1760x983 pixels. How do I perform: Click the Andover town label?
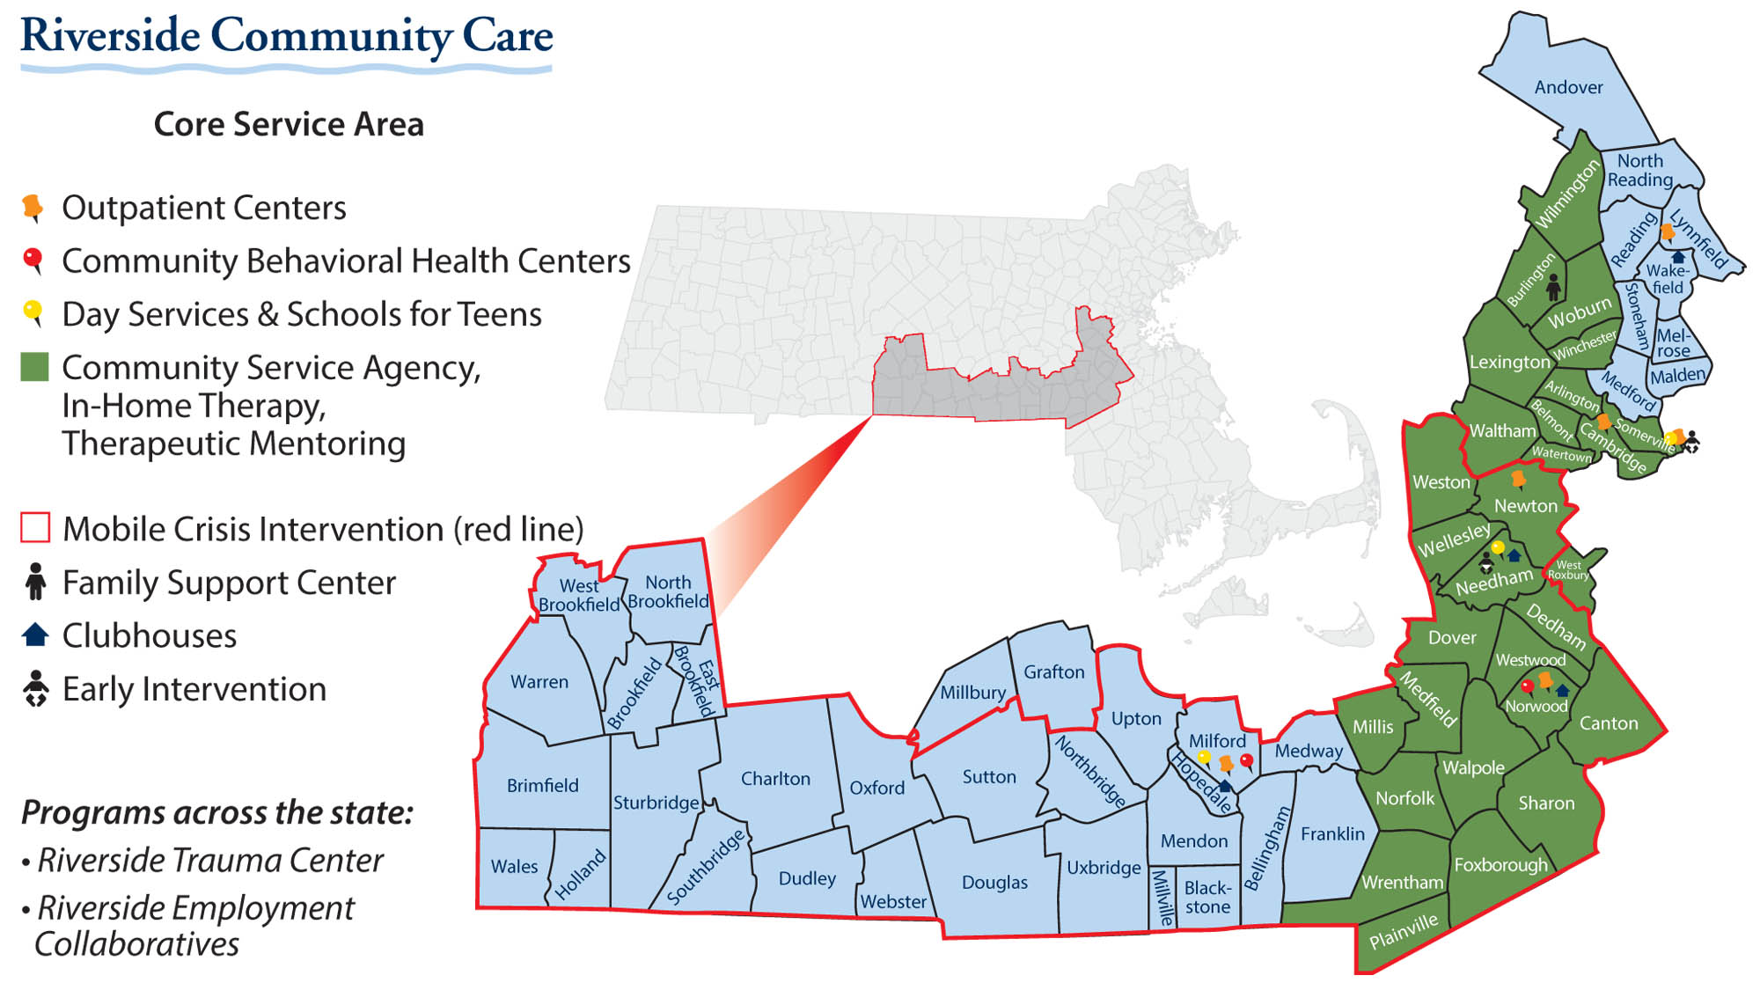(x=1568, y=87)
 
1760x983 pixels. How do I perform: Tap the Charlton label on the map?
(x=774, y=779)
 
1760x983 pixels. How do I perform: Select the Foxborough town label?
(x=1500, y=865)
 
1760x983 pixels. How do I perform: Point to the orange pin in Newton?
(x=1518, y=479)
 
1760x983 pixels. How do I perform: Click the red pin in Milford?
(x=1246, y=760)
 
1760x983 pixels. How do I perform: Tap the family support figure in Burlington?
(x=1553, y=287)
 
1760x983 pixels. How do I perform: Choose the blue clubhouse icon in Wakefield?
(x=1677, y=257)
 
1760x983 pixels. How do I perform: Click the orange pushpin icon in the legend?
(x=33, y=208)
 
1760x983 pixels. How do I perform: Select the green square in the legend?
(x=34, y=368)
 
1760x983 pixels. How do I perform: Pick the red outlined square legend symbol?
(x=34, y=528)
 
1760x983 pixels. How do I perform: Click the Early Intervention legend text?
(x=194, y=689)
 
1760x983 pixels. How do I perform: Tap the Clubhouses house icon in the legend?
(x=35, y=635)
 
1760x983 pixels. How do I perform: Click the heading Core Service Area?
(x=289, y=124)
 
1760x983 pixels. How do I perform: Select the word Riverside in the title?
(x=110, y=37)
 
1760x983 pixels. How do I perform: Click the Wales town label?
(x=514, y=867)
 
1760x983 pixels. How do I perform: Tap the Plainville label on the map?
(x=1403, y=931)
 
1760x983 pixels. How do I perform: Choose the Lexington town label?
(x=1509, y=362)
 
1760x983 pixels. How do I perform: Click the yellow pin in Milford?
(x=1203, y=758)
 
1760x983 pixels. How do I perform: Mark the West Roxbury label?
(x=1568, y=570)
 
